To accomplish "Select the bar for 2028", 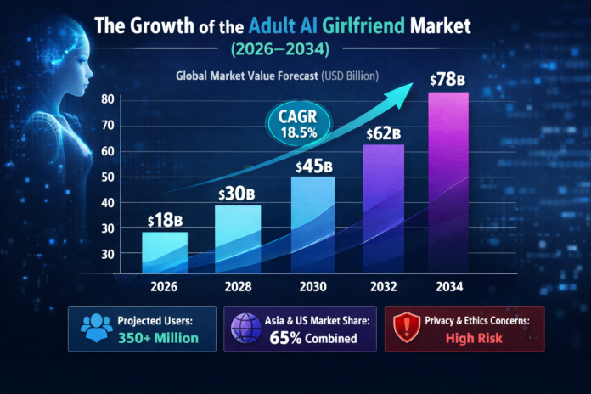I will point(238,241).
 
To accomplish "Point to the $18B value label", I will point(166,220).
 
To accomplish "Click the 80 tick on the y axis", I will point(107,98).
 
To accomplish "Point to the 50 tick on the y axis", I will point(107,177).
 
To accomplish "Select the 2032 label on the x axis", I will point(382,287).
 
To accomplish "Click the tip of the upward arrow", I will point(427,82).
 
